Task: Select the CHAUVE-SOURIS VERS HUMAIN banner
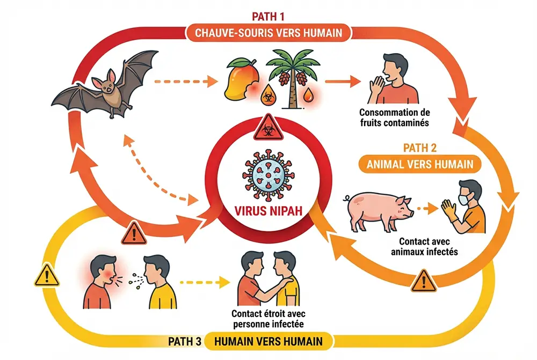(268, 33)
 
